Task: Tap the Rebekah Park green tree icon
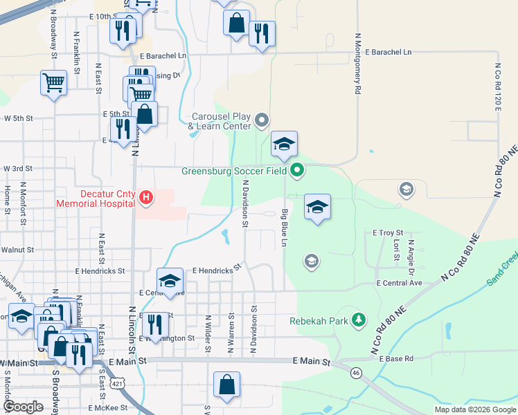pyautogui.click(x=359, y=320)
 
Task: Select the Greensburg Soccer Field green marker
pyautogui.click(x=297, y=169)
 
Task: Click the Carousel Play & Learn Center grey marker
pyautogui.click(x=261, y=121)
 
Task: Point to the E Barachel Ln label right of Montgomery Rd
pyautogui.click(x=388, y=52)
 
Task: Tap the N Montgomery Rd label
pyautogui.click(x=358, y=62)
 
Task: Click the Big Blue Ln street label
pyautogui.click(x=284, y=228)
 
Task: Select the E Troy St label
pyautogui.click(x=388, y=233)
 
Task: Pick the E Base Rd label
pyautogui.click(x=395, y=359)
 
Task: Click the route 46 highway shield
pyautogui.click(x=356, y=372)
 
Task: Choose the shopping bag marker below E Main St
pyautogui.click(x=226, y=385)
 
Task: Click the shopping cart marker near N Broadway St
pyautogui.click(x=53, y=83)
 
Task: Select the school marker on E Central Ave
pyautogui.click(x=170, y=281)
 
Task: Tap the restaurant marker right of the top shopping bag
pyautogui.click(x=262, y=33)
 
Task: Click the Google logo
pyautogui.click(x=23, y=407)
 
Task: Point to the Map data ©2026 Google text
pyautogui.click(x=475, y=409)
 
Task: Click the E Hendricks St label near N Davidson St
pyautogui.click(x=216, y=269)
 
